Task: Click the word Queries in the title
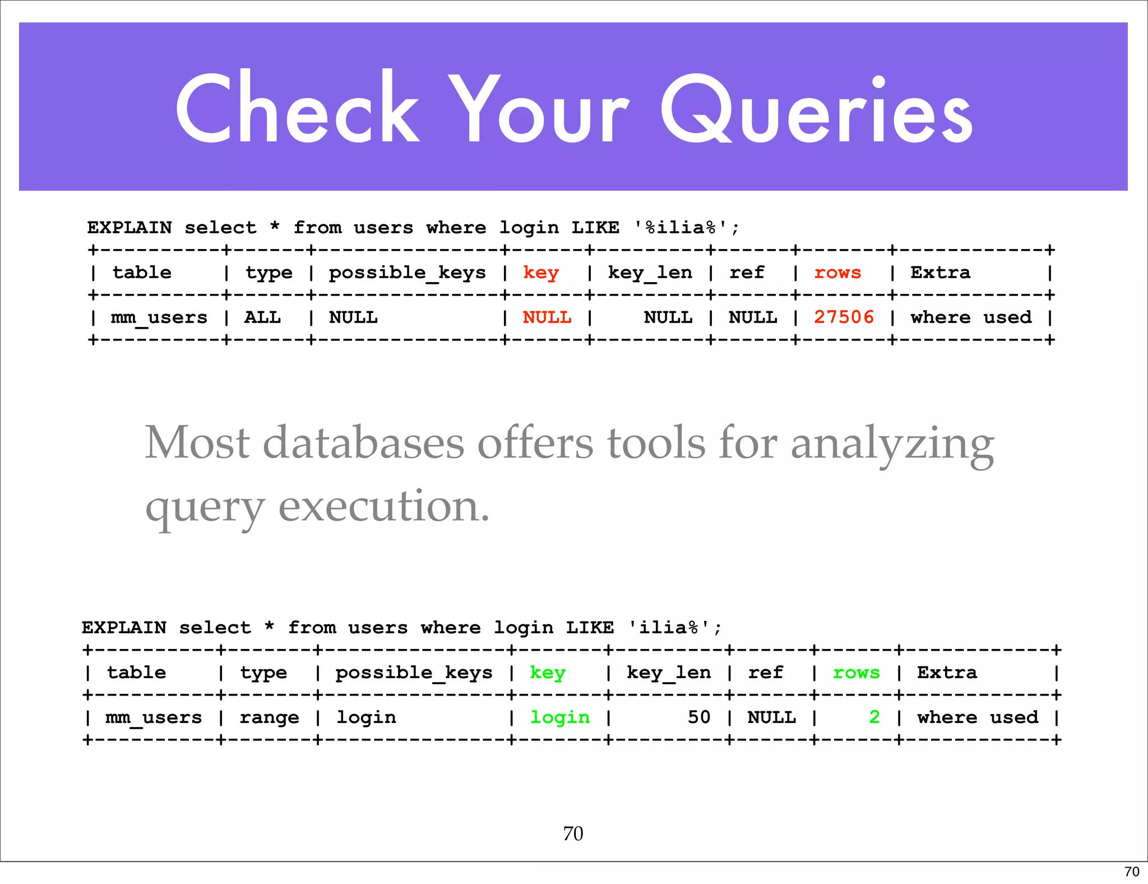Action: tap(817, 109)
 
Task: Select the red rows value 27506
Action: tap(844, 317)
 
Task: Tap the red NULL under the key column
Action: tap(547, 317)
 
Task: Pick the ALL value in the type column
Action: tap(262, 317)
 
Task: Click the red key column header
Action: tap(541, 273)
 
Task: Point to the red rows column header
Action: tap(837, 273)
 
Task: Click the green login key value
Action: tap(560, 717)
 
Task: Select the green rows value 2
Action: tap(874, 717)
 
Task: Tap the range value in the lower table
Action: tap(269, 717)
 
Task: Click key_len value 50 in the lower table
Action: tap(699, 717)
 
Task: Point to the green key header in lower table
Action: tap(548, 673)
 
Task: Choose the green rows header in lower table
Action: tap(857, 673)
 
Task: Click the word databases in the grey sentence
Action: tap(364, 443)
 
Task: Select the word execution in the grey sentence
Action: tap(384, 506)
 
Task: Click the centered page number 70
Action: tap(573, 834)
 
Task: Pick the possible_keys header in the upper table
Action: tap(407, 273)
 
